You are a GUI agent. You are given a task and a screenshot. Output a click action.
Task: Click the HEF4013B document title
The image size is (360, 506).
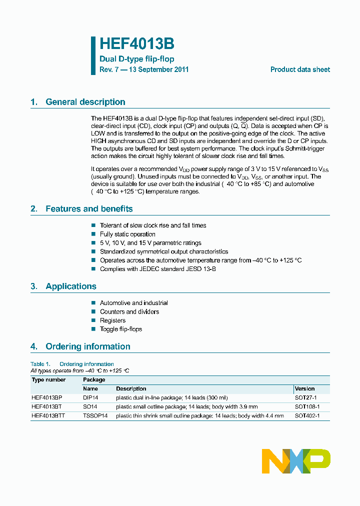click(x=136, y=44)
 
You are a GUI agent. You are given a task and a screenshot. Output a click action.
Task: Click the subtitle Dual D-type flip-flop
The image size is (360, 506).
click(x=136, y=59)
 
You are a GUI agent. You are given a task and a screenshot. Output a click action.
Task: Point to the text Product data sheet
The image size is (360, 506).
click(x=300, y=69)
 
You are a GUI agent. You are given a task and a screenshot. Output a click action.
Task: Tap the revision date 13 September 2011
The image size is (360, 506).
click(x=158, y=69)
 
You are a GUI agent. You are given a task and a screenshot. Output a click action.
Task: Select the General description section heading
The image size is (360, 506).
click(x=85, y=102)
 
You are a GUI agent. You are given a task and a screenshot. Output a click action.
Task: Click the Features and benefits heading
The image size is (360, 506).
click(x=89, y=209)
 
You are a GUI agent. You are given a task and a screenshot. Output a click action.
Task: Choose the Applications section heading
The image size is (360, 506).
click(x=70, y=286)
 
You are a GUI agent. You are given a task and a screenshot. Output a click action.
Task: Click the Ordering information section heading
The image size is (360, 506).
click(x=87, y=346)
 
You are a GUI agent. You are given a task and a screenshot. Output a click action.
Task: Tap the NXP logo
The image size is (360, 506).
click(x=296, y=460)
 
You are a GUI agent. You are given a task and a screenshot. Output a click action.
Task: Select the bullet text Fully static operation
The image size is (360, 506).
click(x=127, y=234)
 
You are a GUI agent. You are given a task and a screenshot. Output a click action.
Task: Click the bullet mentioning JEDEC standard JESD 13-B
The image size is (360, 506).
click(x=157, y=269)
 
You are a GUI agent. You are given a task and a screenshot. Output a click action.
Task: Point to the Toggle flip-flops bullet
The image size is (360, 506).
click(x=120, y=329)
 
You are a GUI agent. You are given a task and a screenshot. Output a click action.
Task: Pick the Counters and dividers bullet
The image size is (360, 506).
click(x=129, y=311)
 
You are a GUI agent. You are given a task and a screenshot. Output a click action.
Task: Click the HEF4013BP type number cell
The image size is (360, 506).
click(x=46, y=397)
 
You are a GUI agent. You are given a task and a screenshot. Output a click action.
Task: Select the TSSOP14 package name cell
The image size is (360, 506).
click(x=95, y=415)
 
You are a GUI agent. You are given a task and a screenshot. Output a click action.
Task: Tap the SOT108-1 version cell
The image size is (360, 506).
click(x=307, y=406)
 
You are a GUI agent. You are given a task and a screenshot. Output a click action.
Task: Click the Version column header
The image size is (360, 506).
click(x=304, y=388)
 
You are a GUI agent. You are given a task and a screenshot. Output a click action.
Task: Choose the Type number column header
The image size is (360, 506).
click(x=48, y=379)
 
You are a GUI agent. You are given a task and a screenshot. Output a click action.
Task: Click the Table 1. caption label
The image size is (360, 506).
click(x=40, y=364)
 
